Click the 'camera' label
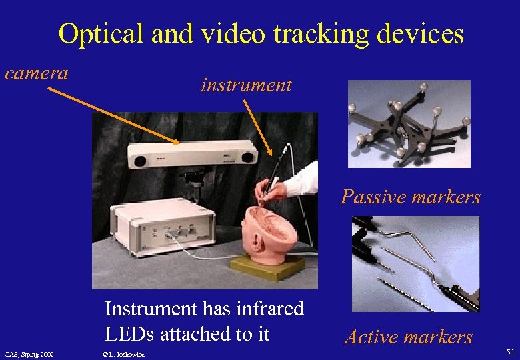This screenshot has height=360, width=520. click(37, 73)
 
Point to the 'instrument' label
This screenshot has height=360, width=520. click(246, 85)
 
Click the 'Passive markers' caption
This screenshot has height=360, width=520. click(410, 197)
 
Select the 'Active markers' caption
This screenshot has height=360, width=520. click(408, 337)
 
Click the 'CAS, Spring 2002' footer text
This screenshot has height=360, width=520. click(29, 353)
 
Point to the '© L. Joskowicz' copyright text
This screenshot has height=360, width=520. click(125, 353)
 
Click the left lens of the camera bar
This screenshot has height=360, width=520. click(140, 161)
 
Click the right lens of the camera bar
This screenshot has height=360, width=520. click(248, 156)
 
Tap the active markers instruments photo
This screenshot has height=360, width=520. click(415, 264)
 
